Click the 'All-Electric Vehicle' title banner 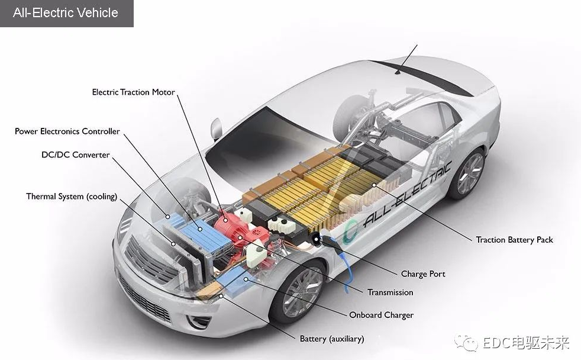[66, 13]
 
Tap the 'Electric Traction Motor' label [133, 92]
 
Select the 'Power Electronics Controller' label [67, 131]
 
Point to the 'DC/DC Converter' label [75, 155]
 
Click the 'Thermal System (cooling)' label [72, 197]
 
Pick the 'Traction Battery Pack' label [514, 240]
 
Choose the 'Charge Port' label [423, 274]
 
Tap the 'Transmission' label [390, 292]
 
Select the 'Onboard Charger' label [381, 315]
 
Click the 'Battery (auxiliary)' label [331, 339]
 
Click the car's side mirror [216, 128]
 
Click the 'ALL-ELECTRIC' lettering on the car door [408, 196]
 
